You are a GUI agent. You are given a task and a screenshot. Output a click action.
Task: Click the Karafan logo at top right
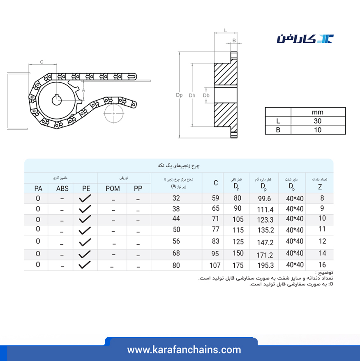305,39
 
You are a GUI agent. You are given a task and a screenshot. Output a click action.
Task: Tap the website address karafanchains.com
184,350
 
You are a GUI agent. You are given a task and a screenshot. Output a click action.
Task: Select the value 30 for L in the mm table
317,121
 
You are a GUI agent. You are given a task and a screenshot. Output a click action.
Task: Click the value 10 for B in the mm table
318,130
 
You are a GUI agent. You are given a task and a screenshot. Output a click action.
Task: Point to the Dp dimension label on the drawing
179,95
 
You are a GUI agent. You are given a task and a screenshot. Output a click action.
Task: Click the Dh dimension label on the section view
192,95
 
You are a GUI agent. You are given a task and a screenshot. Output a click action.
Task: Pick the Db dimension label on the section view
206,95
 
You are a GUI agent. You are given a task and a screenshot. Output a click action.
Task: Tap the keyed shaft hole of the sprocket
57,100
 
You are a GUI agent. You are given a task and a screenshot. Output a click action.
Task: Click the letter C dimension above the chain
42,62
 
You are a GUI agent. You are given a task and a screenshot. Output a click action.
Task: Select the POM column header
113,189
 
